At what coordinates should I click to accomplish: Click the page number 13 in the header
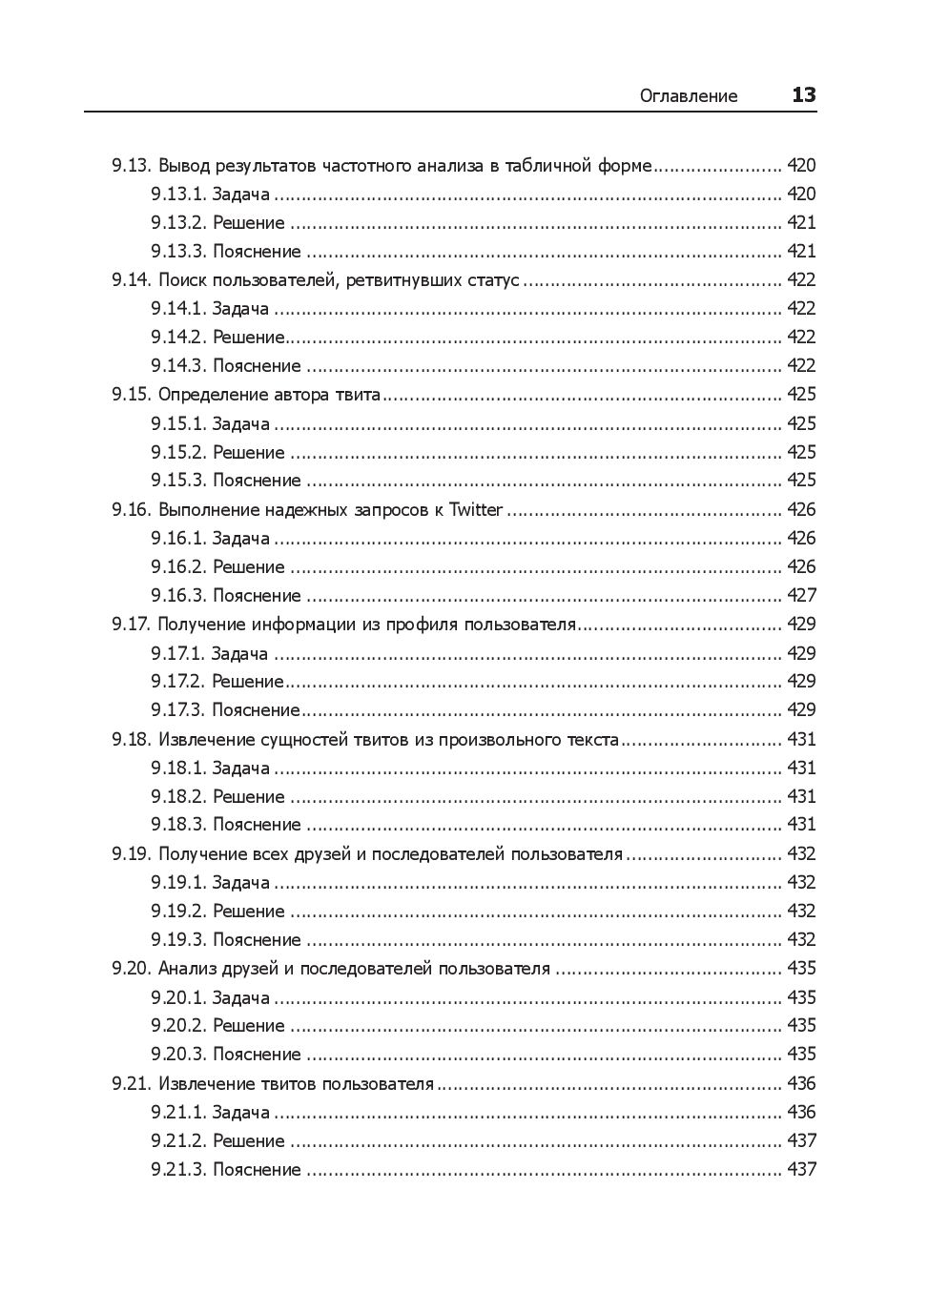(x=803, y=95)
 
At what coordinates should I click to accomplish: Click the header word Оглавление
(x=689, y=96)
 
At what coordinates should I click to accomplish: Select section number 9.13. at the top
(x=132, y=165)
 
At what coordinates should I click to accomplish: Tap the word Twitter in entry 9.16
(x=476, y=509)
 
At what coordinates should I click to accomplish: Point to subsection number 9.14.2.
(x=178, y=338)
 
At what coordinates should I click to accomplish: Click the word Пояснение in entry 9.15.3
(x=257, y=481)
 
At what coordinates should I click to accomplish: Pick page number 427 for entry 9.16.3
(x=801, y=595)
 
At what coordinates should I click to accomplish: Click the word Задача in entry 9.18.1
(x=240, y=768)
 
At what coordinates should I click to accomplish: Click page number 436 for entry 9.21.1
(x=801, y=1112)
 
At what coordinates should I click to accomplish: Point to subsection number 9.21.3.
(x=178, y=1169)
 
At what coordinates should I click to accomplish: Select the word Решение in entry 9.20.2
(x=249, y=1026)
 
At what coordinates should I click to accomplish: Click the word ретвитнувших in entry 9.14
(x=403, y=280)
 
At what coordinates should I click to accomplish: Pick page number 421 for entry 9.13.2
(x=801, y=223)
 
